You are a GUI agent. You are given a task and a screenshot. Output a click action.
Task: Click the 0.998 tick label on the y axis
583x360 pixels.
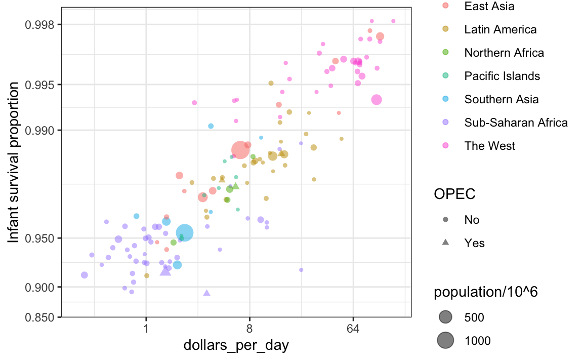click(x=39, y=25)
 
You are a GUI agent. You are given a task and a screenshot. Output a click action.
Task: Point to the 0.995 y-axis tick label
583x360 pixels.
click(x=39, y=85)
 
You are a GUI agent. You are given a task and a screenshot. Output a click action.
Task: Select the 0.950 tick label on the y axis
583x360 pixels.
click(x=39, y=238)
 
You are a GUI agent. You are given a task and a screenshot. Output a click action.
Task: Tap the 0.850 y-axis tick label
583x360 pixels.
click(x=39, y=317)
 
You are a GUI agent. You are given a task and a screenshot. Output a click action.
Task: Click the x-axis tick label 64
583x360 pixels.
click(x=353, y=329)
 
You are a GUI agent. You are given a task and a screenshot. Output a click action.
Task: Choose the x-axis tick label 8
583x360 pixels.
click(x=249, y=329)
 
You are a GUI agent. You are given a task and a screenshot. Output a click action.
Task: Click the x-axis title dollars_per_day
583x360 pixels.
click(x=236, y=345)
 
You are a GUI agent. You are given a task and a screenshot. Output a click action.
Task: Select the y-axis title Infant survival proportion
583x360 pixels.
click(x=13, y=162)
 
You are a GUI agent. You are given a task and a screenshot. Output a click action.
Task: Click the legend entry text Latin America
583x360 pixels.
click(x=500, y=29)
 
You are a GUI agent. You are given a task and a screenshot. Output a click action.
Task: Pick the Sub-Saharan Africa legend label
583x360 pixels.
click(x=516, y=123)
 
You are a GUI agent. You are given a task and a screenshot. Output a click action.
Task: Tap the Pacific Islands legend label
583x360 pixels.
click(x=502, y=76)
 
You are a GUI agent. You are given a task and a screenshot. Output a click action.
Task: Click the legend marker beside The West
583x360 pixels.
click(x=445, y=145)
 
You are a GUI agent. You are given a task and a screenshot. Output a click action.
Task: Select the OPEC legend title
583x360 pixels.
click(x=454, y=194)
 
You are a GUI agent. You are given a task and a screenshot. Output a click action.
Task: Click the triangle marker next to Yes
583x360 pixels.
click(x=445, y=242)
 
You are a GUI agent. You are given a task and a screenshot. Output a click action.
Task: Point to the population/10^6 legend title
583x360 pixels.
click(x=486, y=292)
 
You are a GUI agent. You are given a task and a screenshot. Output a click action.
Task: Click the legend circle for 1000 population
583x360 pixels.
click(x=445, y=340)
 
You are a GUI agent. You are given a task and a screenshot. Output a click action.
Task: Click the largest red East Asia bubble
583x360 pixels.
click(x=240, y=150)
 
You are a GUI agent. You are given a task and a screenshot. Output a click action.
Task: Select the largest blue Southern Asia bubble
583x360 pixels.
click(x=184, y=233)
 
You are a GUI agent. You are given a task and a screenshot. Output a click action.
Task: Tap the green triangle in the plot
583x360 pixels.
click(x=236, y=186)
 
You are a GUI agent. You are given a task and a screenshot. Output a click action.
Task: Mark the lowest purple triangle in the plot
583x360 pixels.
click(x=206, y=293)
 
